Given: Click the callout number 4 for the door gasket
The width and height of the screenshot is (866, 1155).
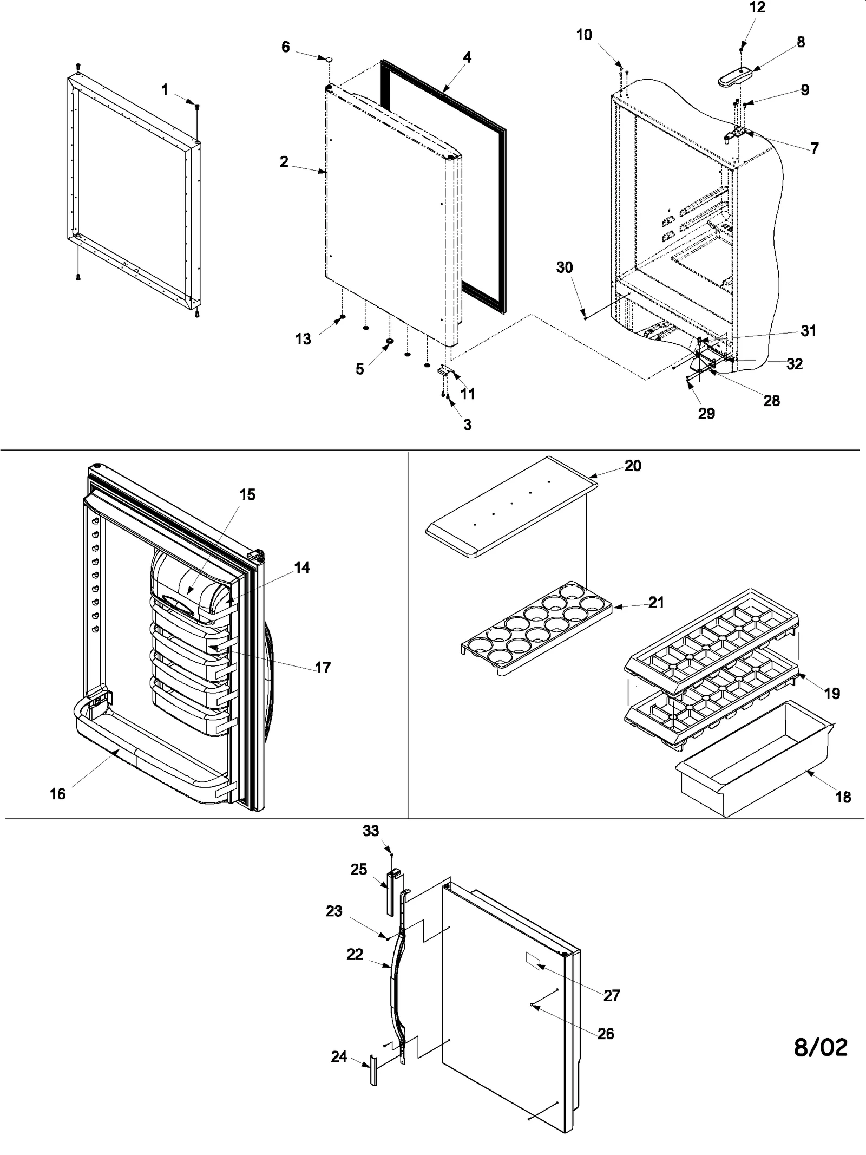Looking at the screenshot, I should coord(467,57).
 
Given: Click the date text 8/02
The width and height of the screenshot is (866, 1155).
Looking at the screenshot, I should coord(821,1047).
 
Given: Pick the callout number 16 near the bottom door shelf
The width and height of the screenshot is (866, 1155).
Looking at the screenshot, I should coord(57,794).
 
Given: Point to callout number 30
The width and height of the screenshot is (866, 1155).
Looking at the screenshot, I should coord(565,267).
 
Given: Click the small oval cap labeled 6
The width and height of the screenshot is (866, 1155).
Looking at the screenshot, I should coord(328,58).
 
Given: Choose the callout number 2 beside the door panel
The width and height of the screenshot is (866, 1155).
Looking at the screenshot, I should coord(284,161).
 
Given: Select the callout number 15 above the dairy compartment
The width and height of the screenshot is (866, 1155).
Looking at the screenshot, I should coord(247,494).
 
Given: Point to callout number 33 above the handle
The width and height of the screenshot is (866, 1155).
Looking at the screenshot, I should coord(371,830).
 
